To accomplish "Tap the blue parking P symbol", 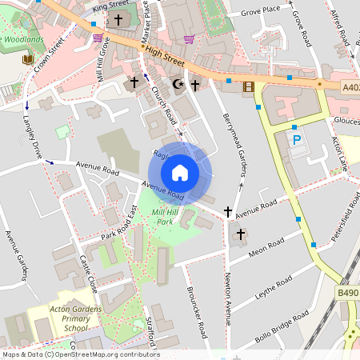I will (x=297, y=139).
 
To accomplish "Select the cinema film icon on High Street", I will (x=248, y=86).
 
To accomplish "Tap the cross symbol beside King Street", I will (x=119, y=19).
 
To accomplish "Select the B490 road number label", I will (x=347, y=294).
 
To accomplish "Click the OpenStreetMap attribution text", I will (x=81, y=354).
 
